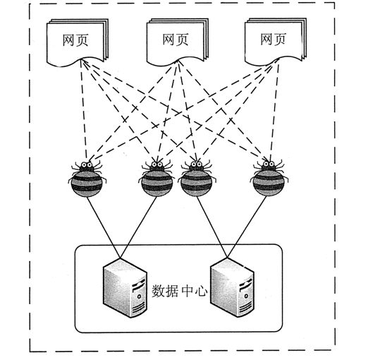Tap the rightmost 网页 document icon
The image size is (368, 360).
[x=276, y=41]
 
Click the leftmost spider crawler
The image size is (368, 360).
[x=87, y=179]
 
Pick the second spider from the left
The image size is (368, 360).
[x=157, y=179]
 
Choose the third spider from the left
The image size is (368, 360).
[x=197, y=179]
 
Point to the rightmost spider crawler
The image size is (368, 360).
[x=269, y=179]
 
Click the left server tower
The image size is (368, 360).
[x=125, y=287]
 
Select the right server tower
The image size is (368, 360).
[x=232, y=287]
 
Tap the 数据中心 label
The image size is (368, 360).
[x=180, y=292]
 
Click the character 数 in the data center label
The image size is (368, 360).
[x=158, y=292]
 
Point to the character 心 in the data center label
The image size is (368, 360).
[x=201, y=292]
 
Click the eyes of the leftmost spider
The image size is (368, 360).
[x=87, y=165]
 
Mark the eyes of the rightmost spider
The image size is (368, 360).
[x=269, y=164]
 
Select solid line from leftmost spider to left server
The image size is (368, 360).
[x=104, y=227]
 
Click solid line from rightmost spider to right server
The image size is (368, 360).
[x=247, y=227]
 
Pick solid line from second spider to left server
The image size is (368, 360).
[x=138, y=227]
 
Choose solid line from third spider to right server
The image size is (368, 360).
[x=212, y=227]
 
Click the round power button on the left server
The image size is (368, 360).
[x=140, y=296]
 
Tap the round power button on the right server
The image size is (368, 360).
[x=246, y=296]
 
